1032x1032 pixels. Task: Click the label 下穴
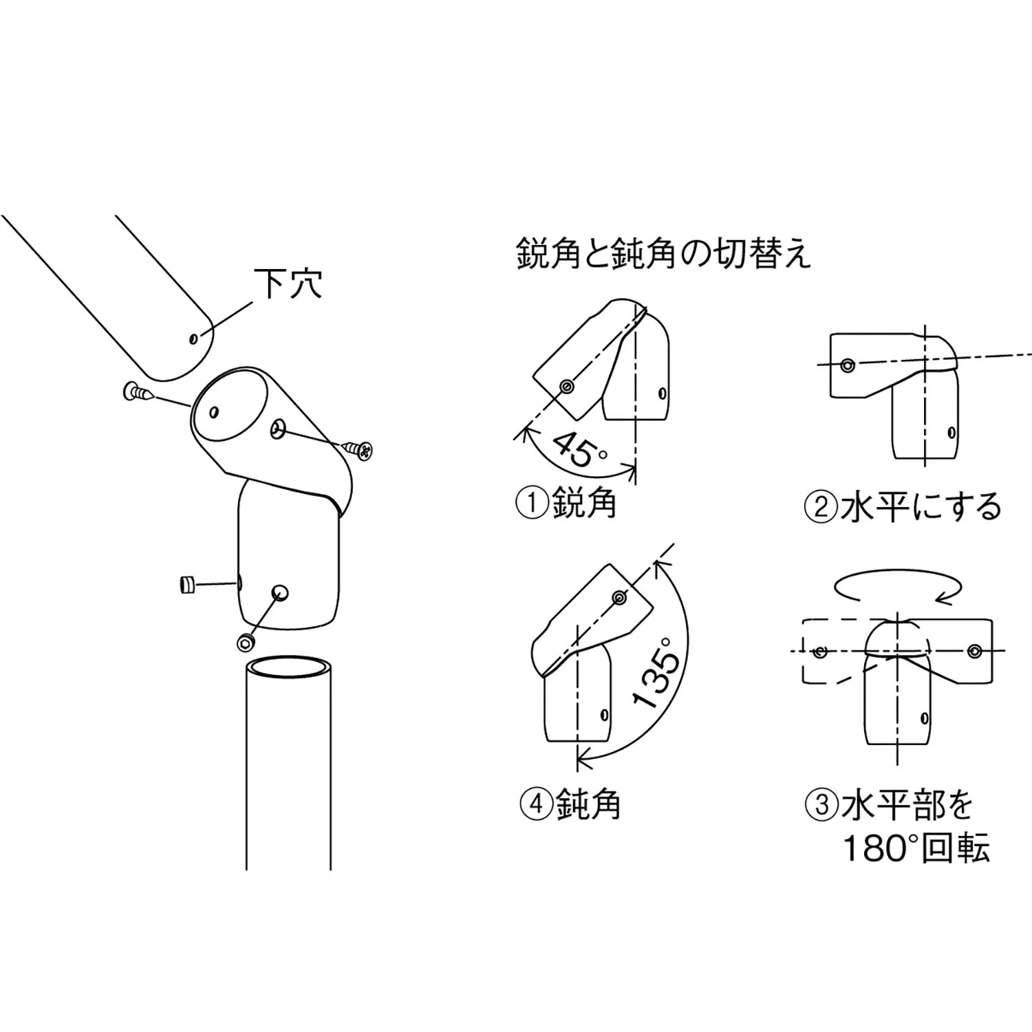(x=288, y=283)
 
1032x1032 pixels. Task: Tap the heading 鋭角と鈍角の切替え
(x=664, y=254)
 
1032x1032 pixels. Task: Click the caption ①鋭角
(x=566, y=504)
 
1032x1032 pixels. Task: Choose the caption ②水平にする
(x=903, y=508)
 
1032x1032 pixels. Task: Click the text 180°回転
(x=916, y=848)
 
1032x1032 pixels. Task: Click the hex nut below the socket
(x=245, y=643)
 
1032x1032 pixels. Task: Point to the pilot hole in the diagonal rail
(x=193, y=338)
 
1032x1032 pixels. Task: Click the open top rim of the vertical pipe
(x=289, y=668)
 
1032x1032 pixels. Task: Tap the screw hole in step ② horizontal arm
(x=848, y=365)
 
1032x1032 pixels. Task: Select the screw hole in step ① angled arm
(x=566, y=387)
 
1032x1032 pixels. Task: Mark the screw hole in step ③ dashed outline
(x=819, y=651)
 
